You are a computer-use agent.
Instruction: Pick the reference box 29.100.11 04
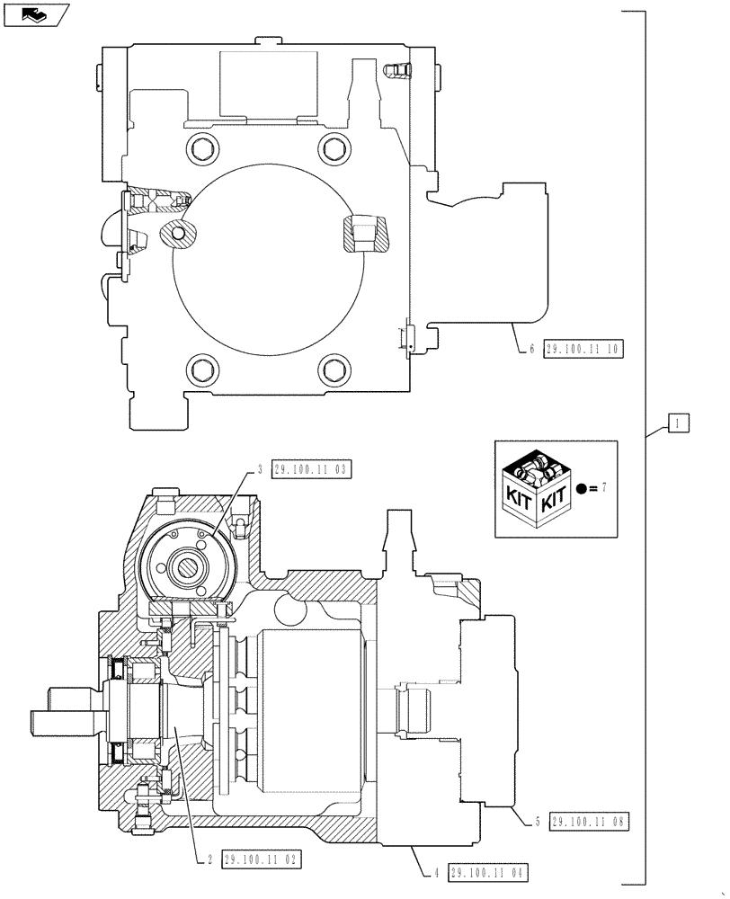tap(488, 872)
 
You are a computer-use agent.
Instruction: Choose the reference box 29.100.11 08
tap(589, 821)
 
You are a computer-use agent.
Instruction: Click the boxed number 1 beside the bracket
tap(679, 423)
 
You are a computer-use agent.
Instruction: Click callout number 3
tap(259, 468)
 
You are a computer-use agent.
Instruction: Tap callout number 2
tap(209, 859)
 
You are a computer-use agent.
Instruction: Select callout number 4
tap(436, 872)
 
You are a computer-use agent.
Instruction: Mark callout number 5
tap(537, 821)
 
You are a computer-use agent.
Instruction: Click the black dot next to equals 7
tap(583, 488)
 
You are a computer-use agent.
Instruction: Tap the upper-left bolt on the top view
tap(199, 147)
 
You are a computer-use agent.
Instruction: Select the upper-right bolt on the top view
tap(334, 147)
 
